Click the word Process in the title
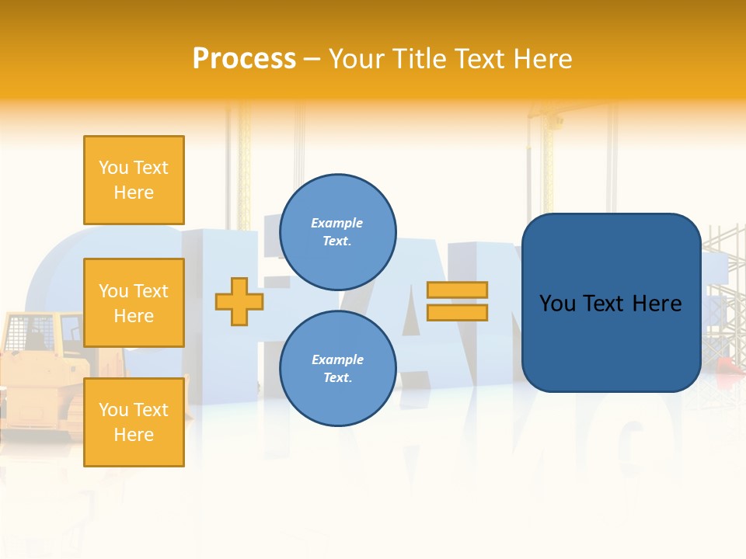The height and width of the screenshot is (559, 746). pos(244,59)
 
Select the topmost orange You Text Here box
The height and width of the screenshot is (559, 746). pos(134,180)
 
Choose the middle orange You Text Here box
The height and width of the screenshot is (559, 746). pos(134,303)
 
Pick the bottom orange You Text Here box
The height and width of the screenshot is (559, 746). pos(134,422)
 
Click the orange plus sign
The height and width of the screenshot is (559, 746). pos(239,302)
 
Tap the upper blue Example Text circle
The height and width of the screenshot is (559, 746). pos(337,232)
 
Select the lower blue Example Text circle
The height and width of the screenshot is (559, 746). pos(337,369)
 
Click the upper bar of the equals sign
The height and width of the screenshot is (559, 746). pos(457,290)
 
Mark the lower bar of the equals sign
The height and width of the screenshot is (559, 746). pos(457,312)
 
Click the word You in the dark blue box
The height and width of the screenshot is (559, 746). pos(557,304)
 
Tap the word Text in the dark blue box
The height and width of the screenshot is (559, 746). pos(604,304)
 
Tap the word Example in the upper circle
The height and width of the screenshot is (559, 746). pos(337,224)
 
